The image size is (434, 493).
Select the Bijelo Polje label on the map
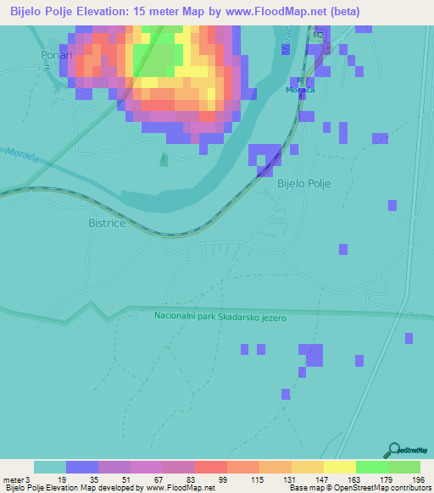click(x=303, y=183)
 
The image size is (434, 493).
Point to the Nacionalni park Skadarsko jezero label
click(x=221, y=317)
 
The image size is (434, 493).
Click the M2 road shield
click(x=318, y=35)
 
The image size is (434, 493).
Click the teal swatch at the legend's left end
click(x=49, y=467)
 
